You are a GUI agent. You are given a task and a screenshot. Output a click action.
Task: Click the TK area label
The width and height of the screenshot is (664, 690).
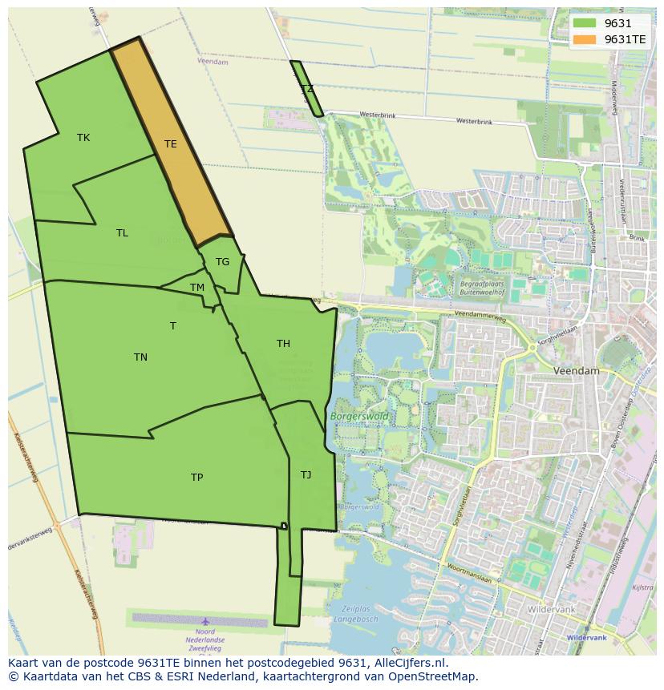pos(83,138)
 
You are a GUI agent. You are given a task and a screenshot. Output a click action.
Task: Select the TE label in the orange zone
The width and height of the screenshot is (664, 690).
pos(170,144)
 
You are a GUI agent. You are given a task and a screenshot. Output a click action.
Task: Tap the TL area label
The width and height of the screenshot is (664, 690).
pos(122,233)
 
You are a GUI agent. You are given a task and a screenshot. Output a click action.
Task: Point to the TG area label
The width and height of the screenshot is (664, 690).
pos(222,262)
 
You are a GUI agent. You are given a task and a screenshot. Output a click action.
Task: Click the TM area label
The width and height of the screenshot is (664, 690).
pos(197,288)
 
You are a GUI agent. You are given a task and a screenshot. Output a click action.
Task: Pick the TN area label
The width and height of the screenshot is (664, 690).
pos(140,357)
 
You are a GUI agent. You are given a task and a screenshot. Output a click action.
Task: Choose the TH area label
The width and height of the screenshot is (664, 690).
pos(283,344)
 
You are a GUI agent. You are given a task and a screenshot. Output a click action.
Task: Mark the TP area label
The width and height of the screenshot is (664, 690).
pos(196,478)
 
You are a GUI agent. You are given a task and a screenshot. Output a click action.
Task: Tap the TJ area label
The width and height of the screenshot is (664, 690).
pos(306,475)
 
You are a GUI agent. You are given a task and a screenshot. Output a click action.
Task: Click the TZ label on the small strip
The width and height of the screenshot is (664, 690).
pos(307,89)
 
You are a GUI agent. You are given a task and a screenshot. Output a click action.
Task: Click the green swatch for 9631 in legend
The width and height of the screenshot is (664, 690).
pos(585,24)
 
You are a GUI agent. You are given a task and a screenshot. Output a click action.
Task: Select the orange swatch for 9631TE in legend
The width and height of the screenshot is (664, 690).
pos(585,39)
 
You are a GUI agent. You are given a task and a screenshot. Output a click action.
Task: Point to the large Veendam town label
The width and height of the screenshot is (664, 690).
pos(577,372)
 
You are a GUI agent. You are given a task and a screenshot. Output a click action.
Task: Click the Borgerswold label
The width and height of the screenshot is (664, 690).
pos(358,417)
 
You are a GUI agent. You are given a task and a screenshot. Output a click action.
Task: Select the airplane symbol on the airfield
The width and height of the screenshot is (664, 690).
pos(206,621)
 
